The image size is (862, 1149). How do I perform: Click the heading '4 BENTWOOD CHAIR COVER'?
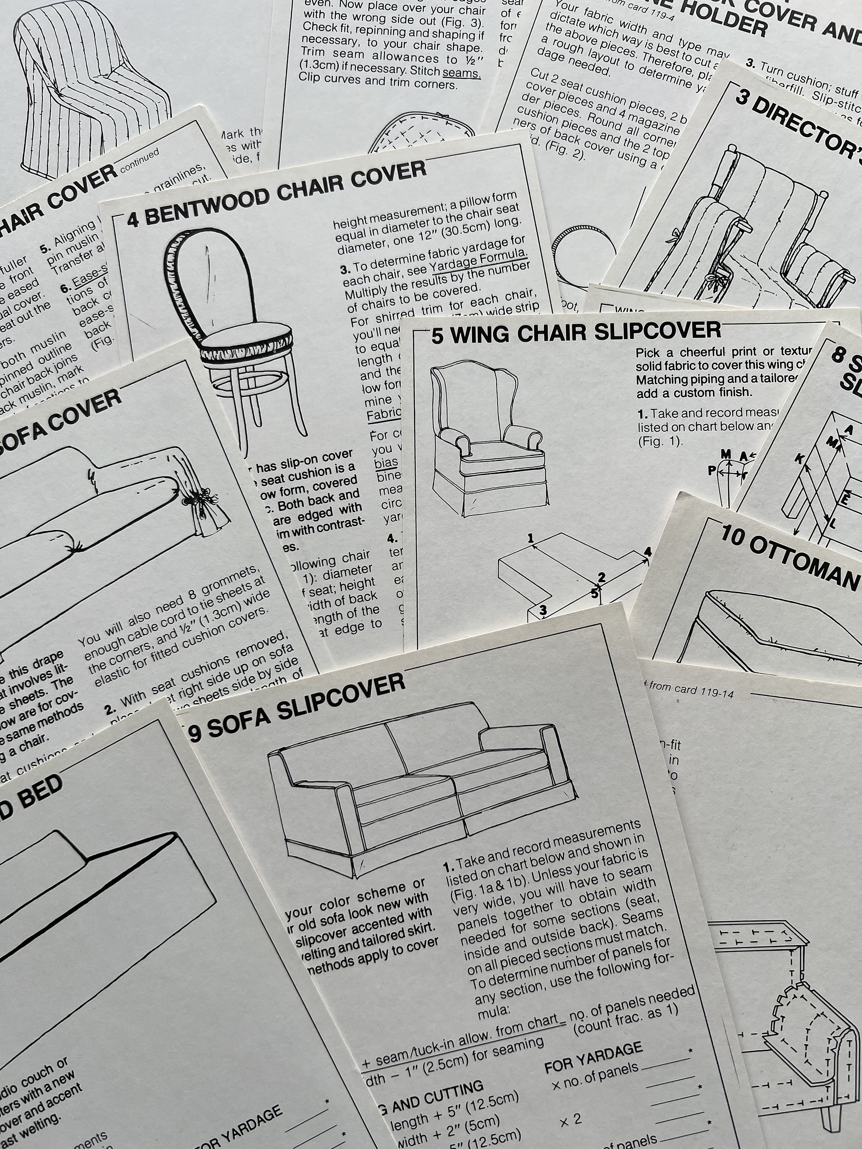pos(275,193)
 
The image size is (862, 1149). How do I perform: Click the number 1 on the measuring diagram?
pos(531,538)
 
